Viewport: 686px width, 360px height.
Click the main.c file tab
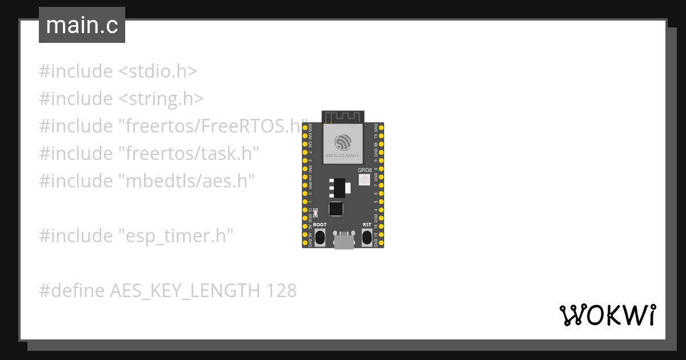tap(82, 25)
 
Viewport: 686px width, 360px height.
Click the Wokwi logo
tap(607, 315)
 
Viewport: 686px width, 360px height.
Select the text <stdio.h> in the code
tap(158, 71)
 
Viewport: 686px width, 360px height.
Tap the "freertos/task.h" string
tap(189, 153)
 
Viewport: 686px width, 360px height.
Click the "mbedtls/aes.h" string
tap(186, 181)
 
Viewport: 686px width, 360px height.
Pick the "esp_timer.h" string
tap(176, 235)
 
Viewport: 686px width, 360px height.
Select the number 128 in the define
tap(281, 290)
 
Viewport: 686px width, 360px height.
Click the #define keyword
tap(71, 290)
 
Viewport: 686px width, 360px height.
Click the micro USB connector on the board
tap(343, 241)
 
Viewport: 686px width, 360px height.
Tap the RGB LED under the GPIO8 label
tap(364, 180)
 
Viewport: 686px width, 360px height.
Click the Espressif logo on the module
tap(343, 141)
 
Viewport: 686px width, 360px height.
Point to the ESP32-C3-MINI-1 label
tap(343, 155)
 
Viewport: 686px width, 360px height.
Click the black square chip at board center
tap(336, 209)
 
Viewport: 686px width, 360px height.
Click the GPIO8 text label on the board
tap(365, 170)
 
